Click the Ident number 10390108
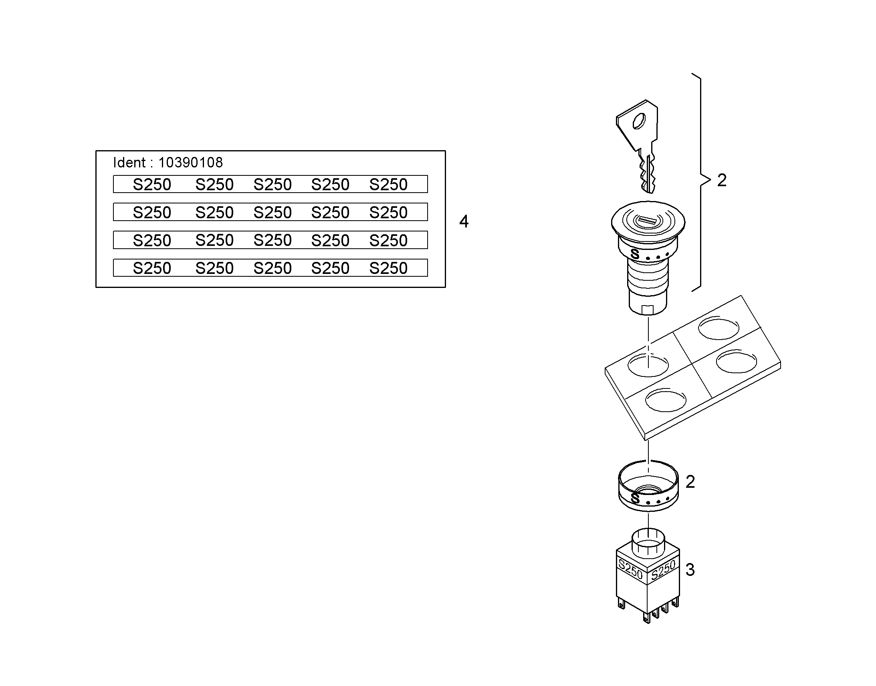coord(190,163)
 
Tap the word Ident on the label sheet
coord(129,163)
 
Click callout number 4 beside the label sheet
coord(464,222)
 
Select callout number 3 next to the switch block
coord(690,570)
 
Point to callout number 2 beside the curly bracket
coord(722,180)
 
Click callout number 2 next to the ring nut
coord(690,482)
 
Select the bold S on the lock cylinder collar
coord(635,254)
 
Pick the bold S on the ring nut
coord(635,498)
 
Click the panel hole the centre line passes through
coord(648,365)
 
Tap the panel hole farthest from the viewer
coord(719,328)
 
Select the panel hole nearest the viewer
coord(666,400)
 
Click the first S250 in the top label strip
coord(152,184)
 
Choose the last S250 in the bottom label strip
coord(388,268)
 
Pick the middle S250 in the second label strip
coord(272,212)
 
